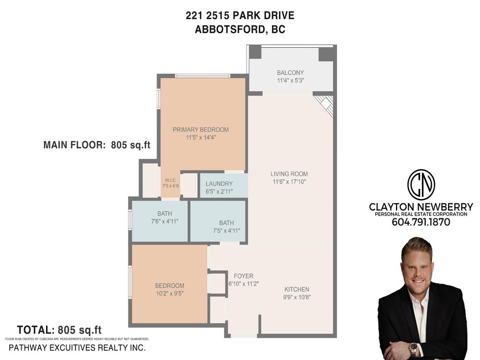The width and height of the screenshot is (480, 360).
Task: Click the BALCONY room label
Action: (290, 73)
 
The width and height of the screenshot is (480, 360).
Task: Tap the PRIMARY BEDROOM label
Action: (201, 130)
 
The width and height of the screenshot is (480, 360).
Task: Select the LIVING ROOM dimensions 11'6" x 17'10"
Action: (289, 181)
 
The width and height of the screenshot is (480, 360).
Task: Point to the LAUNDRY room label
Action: (219, 184)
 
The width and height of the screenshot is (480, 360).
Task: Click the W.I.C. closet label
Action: (170, 180)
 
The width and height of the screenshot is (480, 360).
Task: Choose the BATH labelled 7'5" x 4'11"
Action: (226, 223)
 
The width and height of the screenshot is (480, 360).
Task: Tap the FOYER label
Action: (243, 276)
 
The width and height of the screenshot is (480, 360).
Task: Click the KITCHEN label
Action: (297, 289)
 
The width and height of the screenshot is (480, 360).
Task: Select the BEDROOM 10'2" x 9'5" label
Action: (170, 285)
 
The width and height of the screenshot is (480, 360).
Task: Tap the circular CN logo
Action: (421, 185)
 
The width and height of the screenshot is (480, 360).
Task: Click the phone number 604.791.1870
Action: (421, 223)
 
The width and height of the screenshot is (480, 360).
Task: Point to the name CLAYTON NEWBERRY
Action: (421, 207)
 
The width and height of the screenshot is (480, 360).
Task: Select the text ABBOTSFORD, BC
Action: (240, 29)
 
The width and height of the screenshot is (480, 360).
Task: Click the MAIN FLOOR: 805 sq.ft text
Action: (97, 145)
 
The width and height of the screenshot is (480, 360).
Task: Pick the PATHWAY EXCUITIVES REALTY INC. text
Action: (77, 348)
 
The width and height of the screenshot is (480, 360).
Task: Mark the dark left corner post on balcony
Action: (255, 52)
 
